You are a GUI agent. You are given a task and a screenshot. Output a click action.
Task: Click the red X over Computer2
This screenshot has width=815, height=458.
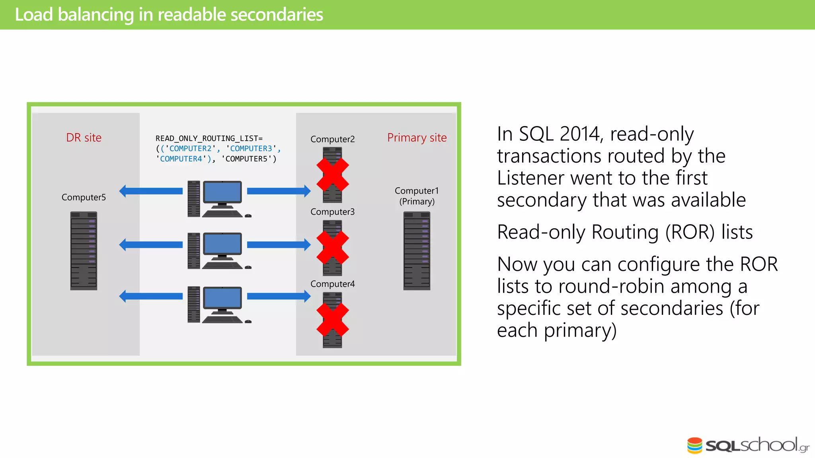[x=333, y=175]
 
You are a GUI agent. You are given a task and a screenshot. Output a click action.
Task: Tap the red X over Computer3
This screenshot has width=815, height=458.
[x=333, y=247]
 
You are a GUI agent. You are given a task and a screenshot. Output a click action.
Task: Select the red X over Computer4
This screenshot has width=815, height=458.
[x=333, y=319]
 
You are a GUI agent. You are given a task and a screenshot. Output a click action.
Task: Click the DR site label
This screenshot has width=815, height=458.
[x=84, y=138]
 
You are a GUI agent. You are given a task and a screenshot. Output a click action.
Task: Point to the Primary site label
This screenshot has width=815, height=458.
[x=417, y=138]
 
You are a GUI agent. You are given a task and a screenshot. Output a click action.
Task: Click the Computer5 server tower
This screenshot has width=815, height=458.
[x=84, y=250]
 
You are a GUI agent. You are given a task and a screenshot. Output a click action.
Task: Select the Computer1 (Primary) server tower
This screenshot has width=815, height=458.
[x=417, y=250]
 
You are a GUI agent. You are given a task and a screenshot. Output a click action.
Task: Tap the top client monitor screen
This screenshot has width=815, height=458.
[x=222, y=192]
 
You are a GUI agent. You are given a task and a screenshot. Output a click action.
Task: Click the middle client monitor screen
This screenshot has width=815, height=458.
[x=222, y=244]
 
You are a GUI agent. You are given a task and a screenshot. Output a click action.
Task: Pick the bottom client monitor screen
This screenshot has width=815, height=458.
[x=222, y=298]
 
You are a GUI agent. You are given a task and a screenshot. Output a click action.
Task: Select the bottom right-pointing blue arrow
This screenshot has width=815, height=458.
[x=279, y=296]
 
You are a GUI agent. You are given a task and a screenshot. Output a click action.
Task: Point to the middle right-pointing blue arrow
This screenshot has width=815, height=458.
[x=279, y=245]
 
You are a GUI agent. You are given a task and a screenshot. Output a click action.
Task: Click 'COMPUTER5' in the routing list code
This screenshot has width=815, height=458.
[x=247, y=159]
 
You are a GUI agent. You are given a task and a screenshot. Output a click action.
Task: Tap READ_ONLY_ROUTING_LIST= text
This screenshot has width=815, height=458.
[x=209, y=138]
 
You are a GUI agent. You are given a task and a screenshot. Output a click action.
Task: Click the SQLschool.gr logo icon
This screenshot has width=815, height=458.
[x=695, y=445]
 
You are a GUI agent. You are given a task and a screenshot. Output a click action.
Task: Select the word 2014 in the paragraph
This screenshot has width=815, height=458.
[x=580, y=134]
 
